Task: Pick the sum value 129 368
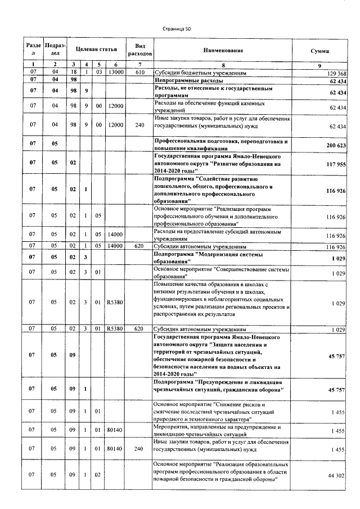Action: pos(336,74)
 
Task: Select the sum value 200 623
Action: pos(335,145)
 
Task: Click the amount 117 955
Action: pos(335,164)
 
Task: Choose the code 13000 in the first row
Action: pos(115,73)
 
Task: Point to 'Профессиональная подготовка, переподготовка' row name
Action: pos(220,141)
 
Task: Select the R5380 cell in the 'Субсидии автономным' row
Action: pos(115,328)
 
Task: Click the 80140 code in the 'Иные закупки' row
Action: pos(115,448)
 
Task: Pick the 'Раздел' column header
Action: pos(33,51)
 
